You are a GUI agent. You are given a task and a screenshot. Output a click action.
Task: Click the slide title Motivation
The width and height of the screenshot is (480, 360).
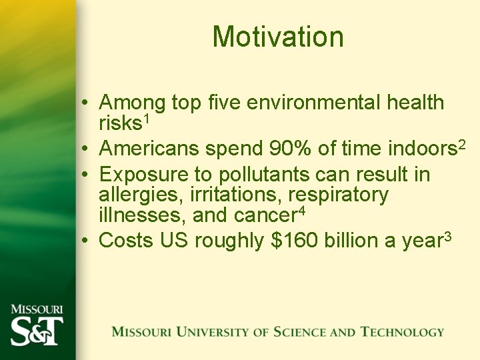click(x=278, y=37)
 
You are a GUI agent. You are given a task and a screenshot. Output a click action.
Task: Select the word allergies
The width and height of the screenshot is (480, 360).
click(x=141, y=195)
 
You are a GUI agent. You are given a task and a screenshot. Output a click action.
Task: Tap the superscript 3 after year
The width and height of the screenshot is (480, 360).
click(x=447, y=236)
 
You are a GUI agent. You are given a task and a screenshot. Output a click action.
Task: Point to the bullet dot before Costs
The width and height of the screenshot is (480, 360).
click(x=87, y=241)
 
